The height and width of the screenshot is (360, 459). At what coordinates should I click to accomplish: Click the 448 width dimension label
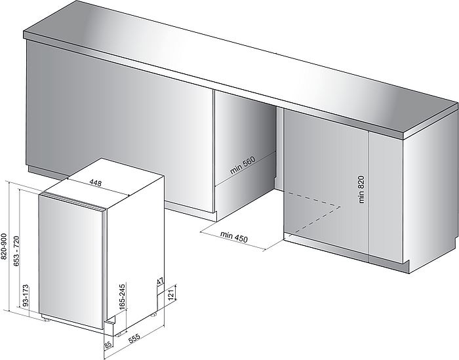96,183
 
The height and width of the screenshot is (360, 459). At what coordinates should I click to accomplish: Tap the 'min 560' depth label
243,165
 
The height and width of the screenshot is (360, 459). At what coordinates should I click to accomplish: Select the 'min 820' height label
361,189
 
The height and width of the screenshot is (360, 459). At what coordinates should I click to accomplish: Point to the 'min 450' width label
234,237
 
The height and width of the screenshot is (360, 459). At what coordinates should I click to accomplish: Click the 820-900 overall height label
4,246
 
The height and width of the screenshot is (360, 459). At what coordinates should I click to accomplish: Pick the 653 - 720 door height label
16,251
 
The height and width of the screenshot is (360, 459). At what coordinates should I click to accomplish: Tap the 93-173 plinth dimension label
26,296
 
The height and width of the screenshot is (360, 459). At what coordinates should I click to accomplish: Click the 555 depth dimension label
134,338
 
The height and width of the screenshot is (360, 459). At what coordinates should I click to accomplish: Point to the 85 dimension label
108,346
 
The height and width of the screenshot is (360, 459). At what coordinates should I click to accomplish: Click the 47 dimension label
160,281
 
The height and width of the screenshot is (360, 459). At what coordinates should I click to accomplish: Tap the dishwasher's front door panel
71,262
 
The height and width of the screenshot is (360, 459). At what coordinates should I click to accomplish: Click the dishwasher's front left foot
45,319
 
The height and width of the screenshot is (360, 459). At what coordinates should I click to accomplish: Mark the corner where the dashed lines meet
341,207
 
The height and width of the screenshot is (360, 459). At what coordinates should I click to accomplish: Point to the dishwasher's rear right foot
153,315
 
